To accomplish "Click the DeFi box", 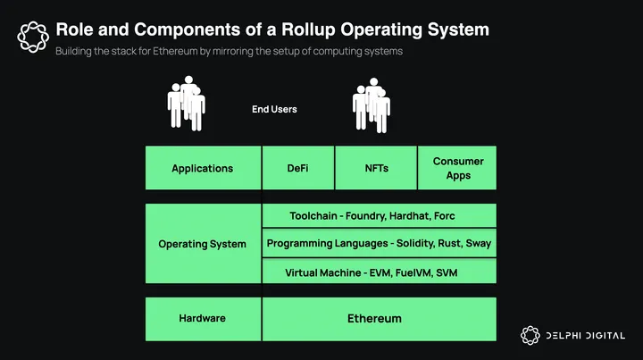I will pyautogui.click(x=297, y=168).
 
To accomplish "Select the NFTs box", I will pyautogui.click(x=376, y=168).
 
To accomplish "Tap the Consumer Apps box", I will pyautogui.click(x=457, y=168).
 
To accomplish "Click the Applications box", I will pyautogui.click(x=203, y=168).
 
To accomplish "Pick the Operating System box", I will pyautogui.click(x=203, y=244).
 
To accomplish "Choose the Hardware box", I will pyautogui.click(x=203, y=318).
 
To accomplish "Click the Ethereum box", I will pyautogui.click(x=379, y=318).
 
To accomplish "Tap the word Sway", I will pyautogui.click(x=479, y=243).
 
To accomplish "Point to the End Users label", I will pyautogui.click(x=274, y=109).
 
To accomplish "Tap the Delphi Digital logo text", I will pyautogui.click(x=588, y=335).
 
